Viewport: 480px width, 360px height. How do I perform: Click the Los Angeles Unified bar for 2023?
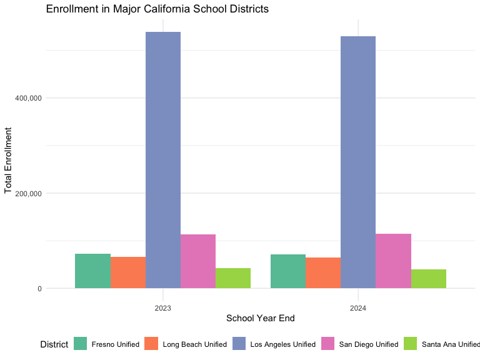(163, 160)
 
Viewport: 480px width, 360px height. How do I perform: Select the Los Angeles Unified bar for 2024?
(358, 162)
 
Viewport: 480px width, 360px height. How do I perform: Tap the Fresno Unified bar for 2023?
(92, 271)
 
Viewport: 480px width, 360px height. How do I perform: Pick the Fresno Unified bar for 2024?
(288, 271)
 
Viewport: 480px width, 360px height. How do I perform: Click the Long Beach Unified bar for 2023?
(128, 272)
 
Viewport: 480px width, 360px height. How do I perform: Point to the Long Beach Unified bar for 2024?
(323, 273)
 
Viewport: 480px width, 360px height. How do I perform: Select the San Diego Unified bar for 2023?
(198, 261)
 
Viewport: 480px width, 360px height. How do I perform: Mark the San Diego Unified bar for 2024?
(393, 261)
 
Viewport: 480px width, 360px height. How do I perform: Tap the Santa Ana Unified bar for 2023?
(233, 278)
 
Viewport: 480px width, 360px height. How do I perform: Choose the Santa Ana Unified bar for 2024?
(429, 279)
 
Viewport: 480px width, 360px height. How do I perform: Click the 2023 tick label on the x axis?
(163, 308)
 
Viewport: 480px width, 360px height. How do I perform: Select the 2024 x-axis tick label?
(358, 308)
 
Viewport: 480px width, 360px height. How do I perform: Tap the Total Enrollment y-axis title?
(9, 161)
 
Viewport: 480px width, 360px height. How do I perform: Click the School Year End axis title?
(261, 318)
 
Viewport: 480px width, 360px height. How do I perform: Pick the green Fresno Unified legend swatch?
(81, 344)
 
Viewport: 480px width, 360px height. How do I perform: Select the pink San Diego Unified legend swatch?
(328, 344)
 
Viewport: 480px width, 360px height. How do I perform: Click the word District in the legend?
(54, 344)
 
